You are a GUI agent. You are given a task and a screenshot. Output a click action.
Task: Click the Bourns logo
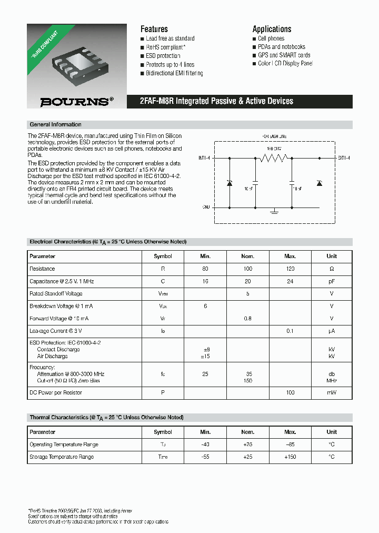[x=77, y=102]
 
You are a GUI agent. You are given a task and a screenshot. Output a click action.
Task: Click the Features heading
[x=154, y=29]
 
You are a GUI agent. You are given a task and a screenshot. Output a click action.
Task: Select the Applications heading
[x=272, y=29]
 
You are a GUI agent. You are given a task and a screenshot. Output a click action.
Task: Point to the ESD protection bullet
[x=163, y=56]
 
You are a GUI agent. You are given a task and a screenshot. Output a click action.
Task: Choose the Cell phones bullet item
[x=271, y=38]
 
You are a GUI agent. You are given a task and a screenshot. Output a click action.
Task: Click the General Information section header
[x=56, y=125]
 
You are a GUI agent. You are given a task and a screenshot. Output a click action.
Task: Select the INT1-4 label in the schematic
[x=204, y=157]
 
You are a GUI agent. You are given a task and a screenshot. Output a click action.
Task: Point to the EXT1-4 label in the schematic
[x=344, y=157]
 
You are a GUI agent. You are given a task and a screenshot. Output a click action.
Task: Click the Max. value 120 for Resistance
[x=290, y=269]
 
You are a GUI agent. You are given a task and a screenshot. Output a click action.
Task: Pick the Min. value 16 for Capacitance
[x=205, y=281]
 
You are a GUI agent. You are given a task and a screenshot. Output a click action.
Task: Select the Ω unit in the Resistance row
[x=332, y=269]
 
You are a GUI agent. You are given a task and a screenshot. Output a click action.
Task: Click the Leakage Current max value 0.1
[x=290, y=331]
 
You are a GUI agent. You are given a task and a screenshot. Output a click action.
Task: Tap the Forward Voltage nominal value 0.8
[x=247, y=318]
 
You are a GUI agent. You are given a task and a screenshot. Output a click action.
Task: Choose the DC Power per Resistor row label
[x=56, y=392]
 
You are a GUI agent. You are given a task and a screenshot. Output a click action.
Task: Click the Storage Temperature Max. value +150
[x=290, y=457]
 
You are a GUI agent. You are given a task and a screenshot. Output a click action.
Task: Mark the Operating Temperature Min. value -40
[x=205, y=445]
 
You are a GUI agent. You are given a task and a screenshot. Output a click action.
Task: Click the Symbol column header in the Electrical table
[x=163, y=256]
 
